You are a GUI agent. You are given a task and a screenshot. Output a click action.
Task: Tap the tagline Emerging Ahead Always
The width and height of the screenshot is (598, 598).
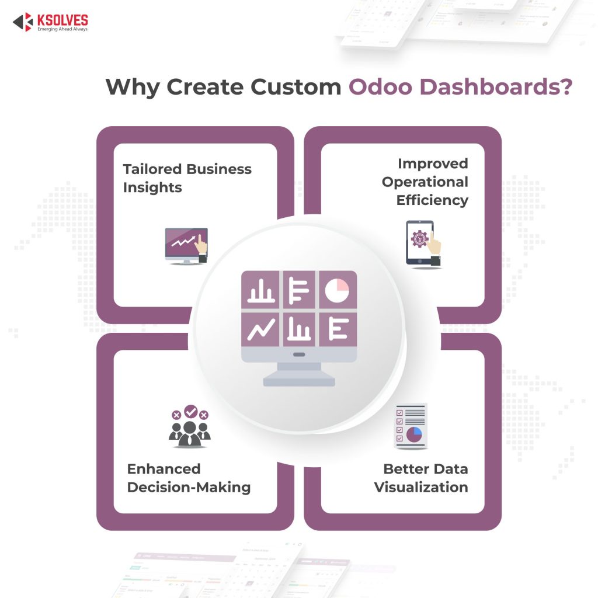click(62, 29)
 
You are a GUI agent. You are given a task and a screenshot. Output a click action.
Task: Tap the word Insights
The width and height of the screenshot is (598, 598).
click(152, 187)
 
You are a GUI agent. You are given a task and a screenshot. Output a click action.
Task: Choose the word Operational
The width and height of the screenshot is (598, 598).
click(425, 182)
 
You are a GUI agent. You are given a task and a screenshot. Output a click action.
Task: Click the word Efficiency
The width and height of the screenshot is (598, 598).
click(432, 200)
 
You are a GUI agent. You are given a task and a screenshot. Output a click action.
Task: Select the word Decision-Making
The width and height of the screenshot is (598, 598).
click(189, 487)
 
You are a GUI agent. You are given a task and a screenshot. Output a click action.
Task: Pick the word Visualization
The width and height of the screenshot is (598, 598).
click(421, 487)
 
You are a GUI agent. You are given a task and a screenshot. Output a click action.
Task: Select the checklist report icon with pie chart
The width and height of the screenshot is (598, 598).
click(411, 426)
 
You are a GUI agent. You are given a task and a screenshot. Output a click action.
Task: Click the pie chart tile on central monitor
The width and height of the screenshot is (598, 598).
click(337, 290)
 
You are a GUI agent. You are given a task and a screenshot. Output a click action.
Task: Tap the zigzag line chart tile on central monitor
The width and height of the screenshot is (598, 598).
click(261, 330)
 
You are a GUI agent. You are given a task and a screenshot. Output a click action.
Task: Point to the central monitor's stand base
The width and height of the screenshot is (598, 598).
click(299, 381)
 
